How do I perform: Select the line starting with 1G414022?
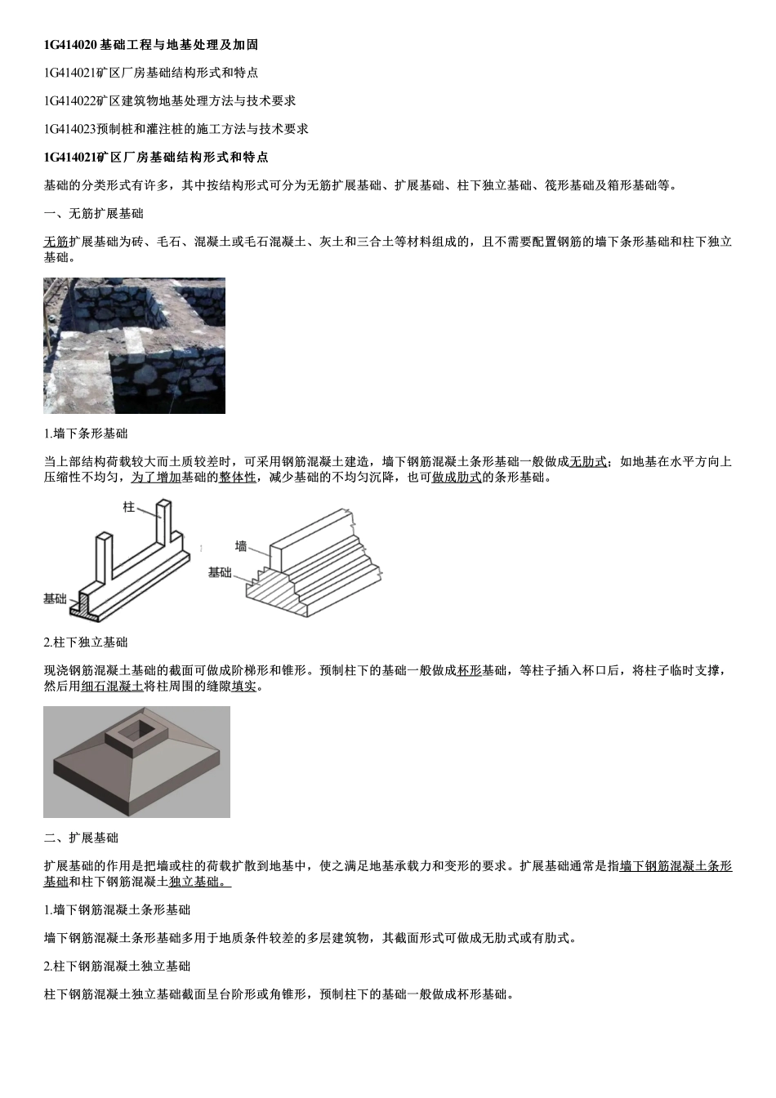(x=170, y=100)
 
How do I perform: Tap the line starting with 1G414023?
(x=176, y=128)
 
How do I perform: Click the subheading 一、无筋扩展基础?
(x=93, y=213)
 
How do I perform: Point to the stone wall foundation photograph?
(x=134, y=345)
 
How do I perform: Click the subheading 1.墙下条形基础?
(x=86, y=433)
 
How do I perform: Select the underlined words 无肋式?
(x=588, y=461)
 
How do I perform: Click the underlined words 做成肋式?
(x=456, y=477)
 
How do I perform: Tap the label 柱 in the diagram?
(x=128, y=507)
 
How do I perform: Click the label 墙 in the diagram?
(x=241, y=546)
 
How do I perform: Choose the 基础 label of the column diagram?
(x=55, y=598)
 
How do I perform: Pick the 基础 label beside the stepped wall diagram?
(x=220, y=572)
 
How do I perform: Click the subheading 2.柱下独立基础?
(x=86, y=642)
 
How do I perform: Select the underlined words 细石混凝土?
(x=112, y=686)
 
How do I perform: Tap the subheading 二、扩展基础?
(x=81, y=837)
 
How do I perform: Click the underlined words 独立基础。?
(x=200, y=881)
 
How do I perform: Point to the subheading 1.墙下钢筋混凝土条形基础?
(x=117, y=909)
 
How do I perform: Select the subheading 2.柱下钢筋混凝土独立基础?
(x=117, y=966)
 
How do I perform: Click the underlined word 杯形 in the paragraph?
(x=469, y=670)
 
